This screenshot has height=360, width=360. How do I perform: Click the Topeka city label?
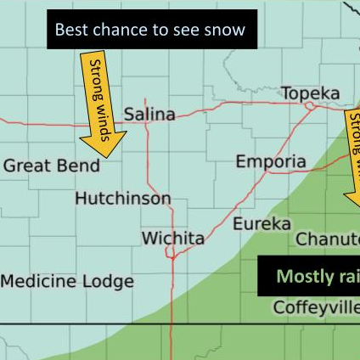310,93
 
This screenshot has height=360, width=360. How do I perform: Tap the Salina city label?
149,114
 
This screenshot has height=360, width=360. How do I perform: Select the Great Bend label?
51,166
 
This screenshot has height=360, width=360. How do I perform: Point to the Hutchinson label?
123,199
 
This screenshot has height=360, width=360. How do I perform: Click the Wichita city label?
172,239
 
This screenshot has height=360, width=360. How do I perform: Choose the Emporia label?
271,161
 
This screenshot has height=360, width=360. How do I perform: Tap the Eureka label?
262,224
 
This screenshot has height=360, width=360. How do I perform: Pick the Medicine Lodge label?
67,281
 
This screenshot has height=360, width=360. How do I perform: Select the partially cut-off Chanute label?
327,239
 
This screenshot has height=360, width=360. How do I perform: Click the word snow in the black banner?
224,31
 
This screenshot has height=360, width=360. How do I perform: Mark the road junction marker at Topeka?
312,106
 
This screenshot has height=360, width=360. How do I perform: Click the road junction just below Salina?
148,125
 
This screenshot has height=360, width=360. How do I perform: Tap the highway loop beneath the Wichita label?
172,253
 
